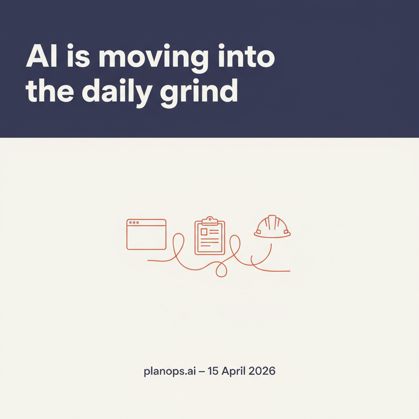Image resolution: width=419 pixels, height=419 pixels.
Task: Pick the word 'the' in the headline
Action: point(50,90)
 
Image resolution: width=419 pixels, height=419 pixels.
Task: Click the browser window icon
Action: point(146,234)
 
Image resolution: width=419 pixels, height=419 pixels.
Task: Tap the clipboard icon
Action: point(210,235)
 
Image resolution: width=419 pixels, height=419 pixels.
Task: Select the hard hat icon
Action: point(272,227)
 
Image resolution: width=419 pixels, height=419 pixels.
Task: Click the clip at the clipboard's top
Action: point(210,221)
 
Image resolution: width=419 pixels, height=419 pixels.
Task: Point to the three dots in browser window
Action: point(134,222)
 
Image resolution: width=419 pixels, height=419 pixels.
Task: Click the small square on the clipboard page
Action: point(204,232)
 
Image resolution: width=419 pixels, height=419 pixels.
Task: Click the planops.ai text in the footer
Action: point(170,371)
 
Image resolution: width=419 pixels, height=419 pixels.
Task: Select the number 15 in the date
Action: point(213,371)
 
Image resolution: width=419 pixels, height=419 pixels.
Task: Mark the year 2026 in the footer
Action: point(262,371)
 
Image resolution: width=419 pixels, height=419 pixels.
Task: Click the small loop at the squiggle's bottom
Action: point(221,270)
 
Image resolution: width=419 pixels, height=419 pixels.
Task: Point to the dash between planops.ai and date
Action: point(202,372)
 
